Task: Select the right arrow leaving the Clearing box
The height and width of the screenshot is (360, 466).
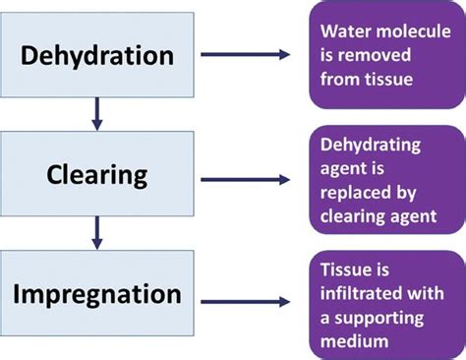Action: (245, 179)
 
